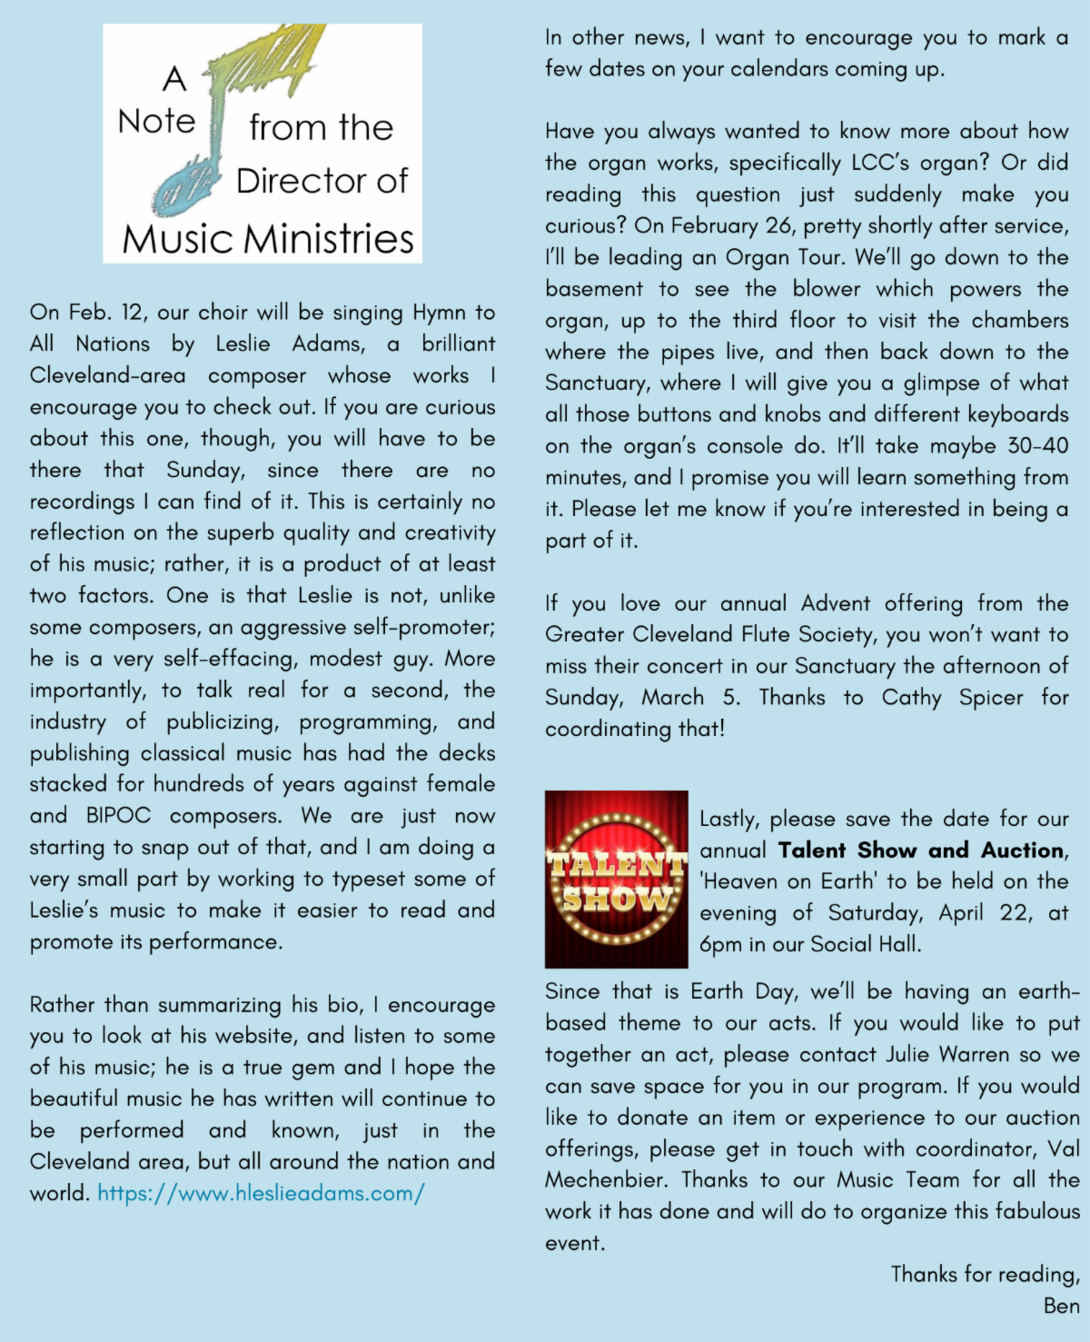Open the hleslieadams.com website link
click(x=261, y=1193)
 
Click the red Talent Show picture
click(x=616, y=879)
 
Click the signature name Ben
click(x=1061, y=1306)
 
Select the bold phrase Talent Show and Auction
click(x=921, y=850)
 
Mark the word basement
click(x=594, y=289)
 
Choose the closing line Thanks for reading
click(x=985, y=1275)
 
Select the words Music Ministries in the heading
click(x=268, y=239)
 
